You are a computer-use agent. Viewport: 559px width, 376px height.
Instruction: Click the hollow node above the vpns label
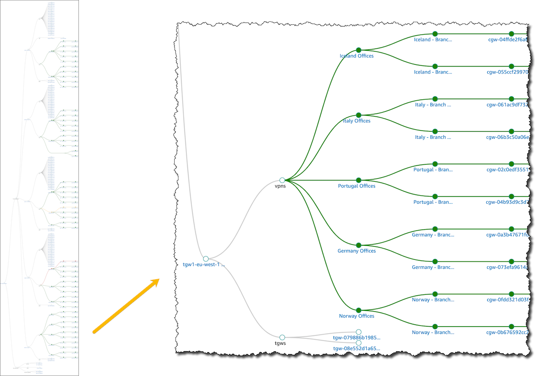(x=282, y=180)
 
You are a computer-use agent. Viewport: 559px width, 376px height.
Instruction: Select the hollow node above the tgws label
(x=282, y=337)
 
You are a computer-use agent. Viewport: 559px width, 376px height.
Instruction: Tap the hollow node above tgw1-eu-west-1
(x=205, y=259)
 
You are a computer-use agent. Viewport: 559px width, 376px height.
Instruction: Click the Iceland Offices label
(x=356, y=56)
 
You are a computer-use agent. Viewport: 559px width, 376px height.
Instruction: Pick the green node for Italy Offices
(x=358, y=115)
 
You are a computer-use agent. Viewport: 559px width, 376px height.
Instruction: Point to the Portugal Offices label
(x=356, y=186)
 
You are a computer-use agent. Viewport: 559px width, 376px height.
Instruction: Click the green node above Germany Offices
(x=358, y=245)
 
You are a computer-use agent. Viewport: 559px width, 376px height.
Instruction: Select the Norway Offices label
(x=356, y=316)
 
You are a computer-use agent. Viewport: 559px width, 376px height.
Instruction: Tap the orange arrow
(x=126, y=305)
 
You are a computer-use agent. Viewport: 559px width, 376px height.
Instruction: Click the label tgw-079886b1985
(x=356, y=337)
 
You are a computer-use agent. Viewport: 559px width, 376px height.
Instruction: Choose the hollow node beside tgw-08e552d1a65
(x=358, y=342)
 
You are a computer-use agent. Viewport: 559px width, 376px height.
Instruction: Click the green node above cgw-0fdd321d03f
(x=511, y=294)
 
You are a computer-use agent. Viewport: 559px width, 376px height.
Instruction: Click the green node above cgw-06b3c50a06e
(x=511, y=131)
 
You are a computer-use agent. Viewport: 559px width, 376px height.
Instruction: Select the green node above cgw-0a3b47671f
(x=511, y=229)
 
